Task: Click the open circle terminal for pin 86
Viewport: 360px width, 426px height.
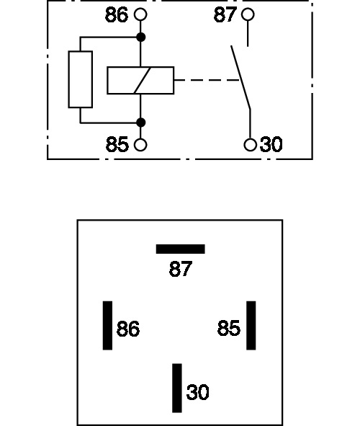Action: click(x=140, y=14)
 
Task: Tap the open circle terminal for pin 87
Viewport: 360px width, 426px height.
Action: click(x=248, y=14)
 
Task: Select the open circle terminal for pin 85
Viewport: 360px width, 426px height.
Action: click(x=140, y=145)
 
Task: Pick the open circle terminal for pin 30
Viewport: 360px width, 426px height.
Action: click(x=250, y=145)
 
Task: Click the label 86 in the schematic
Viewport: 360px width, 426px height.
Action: click(x=117, y=15)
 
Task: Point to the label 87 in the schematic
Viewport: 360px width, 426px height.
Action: click(x=225, y=14)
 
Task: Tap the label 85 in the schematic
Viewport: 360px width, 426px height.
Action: click(x=117, y=145)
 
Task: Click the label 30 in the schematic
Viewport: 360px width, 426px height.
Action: click(x=271, y=145)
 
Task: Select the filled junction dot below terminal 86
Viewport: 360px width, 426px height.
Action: click(x=140, y=37)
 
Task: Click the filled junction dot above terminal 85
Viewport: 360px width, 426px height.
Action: click(x=140, y=123)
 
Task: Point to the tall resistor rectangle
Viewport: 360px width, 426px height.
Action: click(x=81, y=79)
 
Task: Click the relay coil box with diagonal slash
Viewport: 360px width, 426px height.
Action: click(x=140, y=81)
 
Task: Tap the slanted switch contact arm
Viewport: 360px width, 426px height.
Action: click(x=240, y=77)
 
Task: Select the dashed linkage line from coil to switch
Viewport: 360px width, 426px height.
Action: click(x=207, y=80)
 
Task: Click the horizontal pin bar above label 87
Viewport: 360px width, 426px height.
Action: click(x=181, y=249)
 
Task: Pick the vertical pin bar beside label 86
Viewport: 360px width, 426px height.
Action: click(x=107, y=326)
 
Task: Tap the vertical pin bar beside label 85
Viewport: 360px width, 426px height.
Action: click(x=251, y=326)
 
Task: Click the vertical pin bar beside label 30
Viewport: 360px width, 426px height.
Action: click(x=177, y=388)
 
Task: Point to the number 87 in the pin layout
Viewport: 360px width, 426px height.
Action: click(x=181, y=269)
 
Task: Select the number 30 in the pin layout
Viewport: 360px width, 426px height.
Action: click(x=198, y=392)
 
